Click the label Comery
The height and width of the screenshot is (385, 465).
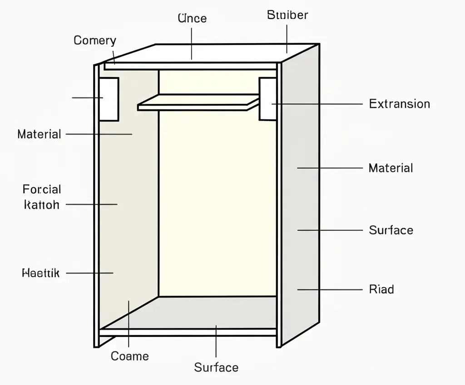[x=94, y=40]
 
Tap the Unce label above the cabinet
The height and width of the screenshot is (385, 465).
[x=192, y=19]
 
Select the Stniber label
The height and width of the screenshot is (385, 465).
[x=287, y=15]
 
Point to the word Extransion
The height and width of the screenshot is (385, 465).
[x=399, y=104]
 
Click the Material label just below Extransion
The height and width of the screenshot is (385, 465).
[x=391, y=168]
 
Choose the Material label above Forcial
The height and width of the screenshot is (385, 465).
[x=39, y=134]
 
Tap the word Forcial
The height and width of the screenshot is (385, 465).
[x=42, y=189]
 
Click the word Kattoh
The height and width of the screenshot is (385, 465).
[x=41, y=205]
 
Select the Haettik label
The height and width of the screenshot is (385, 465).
[x=41, y=273]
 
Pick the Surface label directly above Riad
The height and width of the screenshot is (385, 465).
[x=391, y=230]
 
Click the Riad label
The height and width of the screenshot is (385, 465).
[x=381, y=289]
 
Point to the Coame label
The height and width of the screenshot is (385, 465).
[x=130, y=356]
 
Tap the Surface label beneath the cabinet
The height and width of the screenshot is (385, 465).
[x=216, y=367]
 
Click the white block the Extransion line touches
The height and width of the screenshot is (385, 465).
[x=267, y=98]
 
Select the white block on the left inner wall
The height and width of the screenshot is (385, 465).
[x=109, y=99]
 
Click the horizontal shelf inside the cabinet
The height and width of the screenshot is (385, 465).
[x=195, y=102]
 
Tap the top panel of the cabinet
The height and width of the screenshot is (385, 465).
[x=209, y=53]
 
